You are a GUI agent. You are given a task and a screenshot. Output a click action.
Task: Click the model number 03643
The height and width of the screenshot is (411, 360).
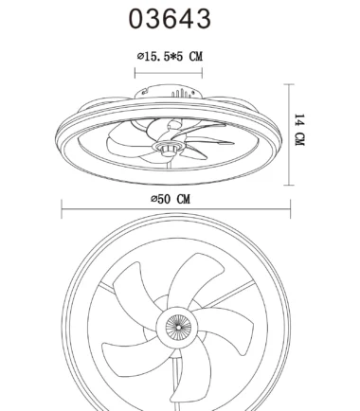click(170, 19)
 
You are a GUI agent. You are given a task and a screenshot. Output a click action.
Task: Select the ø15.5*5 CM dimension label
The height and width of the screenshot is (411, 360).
click(170, 57)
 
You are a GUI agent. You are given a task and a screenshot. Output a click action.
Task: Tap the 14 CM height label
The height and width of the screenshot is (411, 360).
click(299, 130)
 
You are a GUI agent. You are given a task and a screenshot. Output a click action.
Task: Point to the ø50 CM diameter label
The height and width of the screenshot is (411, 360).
click(171, 199)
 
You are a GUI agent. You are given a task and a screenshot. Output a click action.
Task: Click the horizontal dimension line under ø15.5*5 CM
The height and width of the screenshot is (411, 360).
click(169, 73)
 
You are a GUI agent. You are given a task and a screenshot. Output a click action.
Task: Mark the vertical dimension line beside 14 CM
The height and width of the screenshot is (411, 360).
click(289, 134)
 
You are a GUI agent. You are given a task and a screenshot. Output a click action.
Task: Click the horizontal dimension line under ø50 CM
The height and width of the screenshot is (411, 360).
click(176, 208)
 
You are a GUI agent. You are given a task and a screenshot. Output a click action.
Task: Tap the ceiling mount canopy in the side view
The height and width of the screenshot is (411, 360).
click(169, 92)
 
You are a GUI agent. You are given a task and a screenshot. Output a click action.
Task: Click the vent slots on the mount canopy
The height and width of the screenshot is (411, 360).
click(182, 93)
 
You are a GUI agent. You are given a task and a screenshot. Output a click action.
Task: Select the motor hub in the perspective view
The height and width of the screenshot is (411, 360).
click(168, 148)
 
